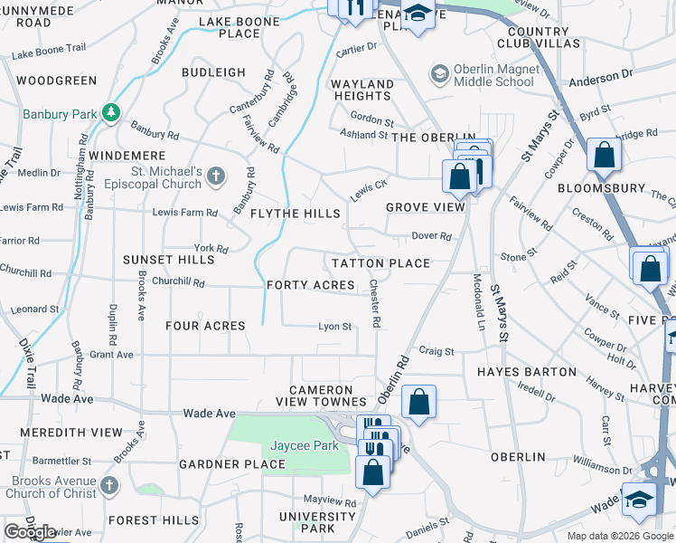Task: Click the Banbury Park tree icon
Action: point(111,112)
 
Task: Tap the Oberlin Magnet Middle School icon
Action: point(439,72)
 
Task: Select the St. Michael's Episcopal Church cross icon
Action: point(216,176)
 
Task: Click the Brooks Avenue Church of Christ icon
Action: point(109,485)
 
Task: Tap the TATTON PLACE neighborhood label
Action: point(380,263)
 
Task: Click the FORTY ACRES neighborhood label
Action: point(311,285)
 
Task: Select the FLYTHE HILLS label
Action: point(295,214)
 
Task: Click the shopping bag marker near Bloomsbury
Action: point(603,155)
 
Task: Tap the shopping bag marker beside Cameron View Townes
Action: point(418,402)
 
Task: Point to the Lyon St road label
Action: point(334,327)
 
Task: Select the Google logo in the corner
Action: point(30,532)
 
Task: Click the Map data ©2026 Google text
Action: point(620,536)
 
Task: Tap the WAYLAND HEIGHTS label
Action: point(362,90)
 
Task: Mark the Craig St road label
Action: point(436,350)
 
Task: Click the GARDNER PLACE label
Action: point(232,464)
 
